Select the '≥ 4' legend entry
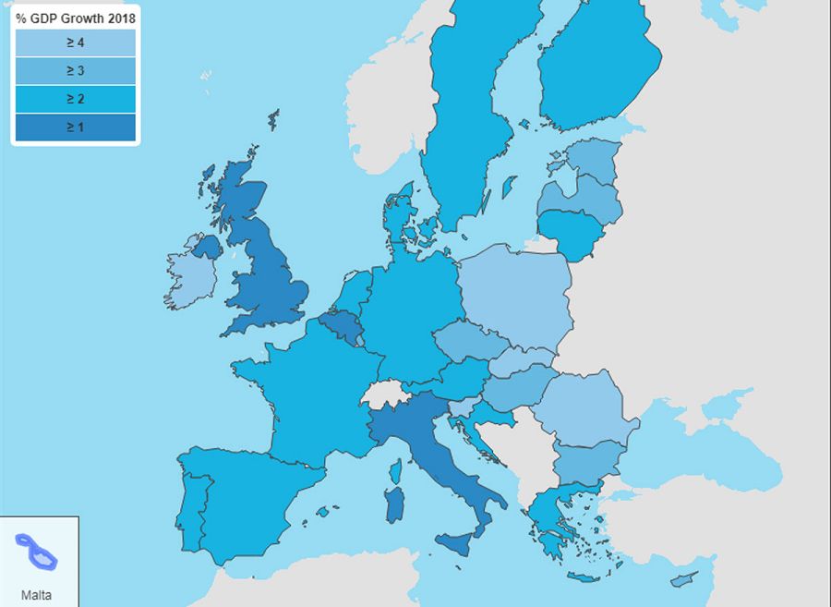point(76,42)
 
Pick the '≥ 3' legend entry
point(76,70)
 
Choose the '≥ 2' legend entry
point(76,98)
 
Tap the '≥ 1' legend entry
point(76,127)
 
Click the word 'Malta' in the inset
point(36,595)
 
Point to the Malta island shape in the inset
point(40,552)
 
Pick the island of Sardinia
point(394,504)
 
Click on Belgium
point(339,325)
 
